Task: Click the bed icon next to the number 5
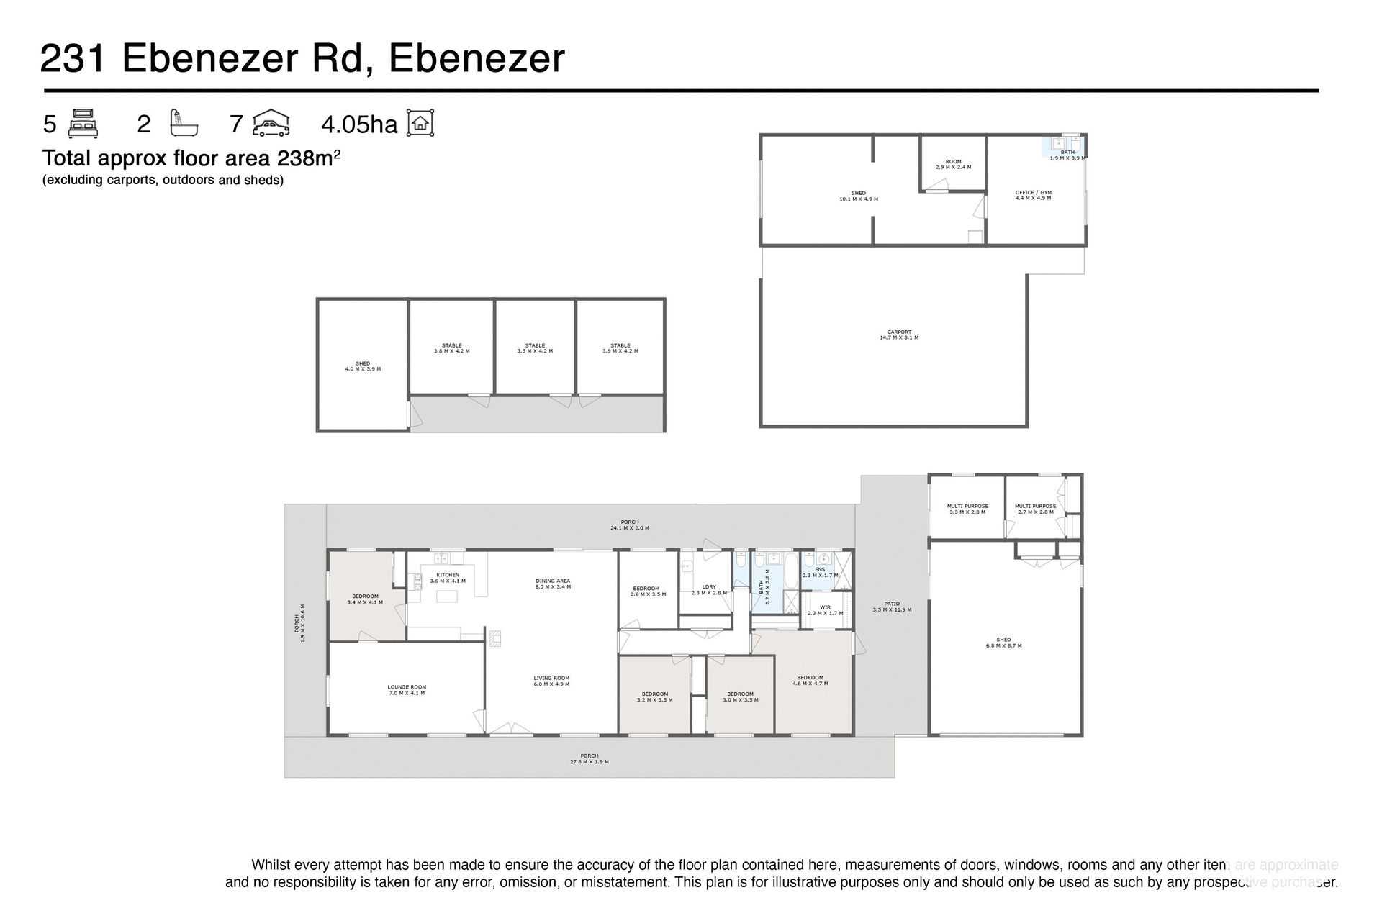point(83,123)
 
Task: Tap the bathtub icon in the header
point(183,123)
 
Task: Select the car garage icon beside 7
point(271,123)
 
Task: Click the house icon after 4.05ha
point(420,123)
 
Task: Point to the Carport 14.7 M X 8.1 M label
point(899,335)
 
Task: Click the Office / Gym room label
point(1033,195)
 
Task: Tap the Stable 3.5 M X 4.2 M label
point(535,348)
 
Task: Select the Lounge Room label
point(407,690)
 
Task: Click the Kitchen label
point(448,578)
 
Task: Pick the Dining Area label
point(553,584)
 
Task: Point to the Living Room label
point(551,681)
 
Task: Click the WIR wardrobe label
point(825,610)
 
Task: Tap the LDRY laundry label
point(709,590)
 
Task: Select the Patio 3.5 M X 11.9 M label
point(892,607)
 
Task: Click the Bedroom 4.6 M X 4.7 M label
point(810,680)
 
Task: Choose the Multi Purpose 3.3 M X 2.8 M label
point(967,509)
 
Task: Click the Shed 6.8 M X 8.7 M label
point(1003,643)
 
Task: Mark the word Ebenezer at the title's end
point(477,58)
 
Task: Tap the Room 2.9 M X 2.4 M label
point(953,164)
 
